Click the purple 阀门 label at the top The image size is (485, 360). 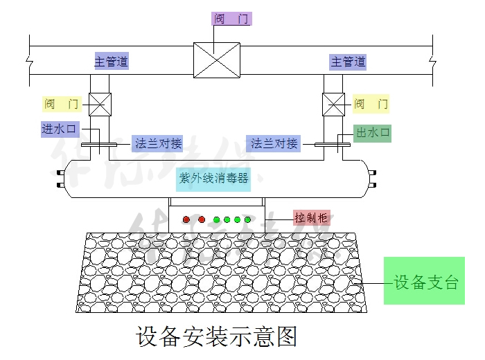coord(231,19)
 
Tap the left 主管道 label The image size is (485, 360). coord(111,62)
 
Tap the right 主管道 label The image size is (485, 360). coord(348,62)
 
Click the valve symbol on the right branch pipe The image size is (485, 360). coord(334,105)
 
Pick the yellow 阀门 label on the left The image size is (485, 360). coord(62,105)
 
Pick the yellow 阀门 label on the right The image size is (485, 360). coord(371,105)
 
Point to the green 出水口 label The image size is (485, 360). coord(372,132)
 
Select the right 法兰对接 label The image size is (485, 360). coord(274,144)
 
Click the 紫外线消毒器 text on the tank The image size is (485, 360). coord(213,178)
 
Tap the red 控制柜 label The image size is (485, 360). coord(310,217)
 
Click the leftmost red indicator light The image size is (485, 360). coord(186,220)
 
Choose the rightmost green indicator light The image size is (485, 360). coord(247,220)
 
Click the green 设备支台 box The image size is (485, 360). coord(424,281)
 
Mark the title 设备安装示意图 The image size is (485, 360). coord(217,336)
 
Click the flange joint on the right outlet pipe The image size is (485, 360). coord(334,145)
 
